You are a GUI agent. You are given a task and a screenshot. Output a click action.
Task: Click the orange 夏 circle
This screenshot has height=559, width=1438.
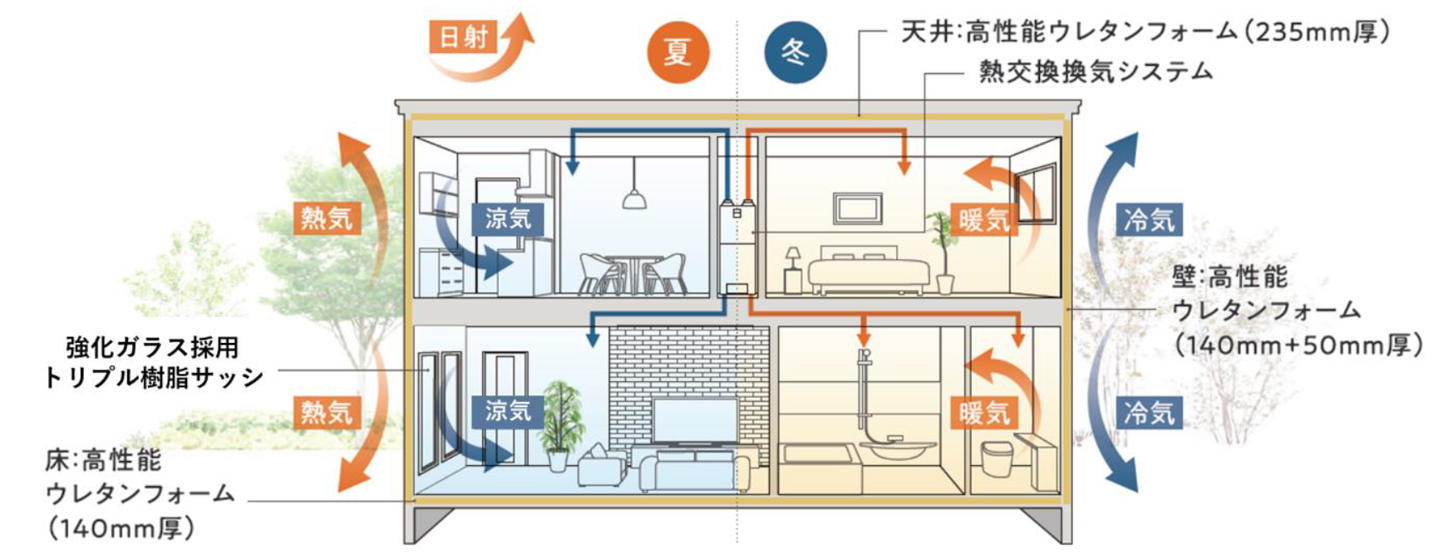click(677, 52)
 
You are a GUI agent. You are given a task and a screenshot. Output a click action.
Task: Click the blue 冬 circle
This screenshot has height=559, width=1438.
click(795, 52)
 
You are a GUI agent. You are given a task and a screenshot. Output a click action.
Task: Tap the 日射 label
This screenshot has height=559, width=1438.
click(463, 37)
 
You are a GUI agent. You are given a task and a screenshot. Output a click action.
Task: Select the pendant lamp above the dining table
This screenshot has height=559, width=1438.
click(633, 199)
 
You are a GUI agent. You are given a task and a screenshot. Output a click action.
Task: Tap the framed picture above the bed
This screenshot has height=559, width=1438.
click(858, 208)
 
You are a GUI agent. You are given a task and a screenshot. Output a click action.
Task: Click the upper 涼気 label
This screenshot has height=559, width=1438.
click(507, 218)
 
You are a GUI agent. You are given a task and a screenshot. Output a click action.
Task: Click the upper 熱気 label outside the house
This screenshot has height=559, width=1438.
click(327, 218)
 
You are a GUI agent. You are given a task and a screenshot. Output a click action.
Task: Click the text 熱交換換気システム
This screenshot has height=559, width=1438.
click(1095, 72)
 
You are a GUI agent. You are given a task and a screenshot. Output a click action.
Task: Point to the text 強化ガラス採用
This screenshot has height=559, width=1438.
click(152, 346)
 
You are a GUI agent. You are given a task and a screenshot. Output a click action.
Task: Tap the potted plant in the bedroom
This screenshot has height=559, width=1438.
click(943, 249)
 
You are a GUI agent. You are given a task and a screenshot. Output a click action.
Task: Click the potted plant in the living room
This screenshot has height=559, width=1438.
click(559, 424)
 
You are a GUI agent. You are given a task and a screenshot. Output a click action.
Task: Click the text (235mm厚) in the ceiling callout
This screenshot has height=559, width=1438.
click(1320, 32)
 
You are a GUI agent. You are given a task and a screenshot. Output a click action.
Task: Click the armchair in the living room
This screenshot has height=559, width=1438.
click(600, 467)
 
